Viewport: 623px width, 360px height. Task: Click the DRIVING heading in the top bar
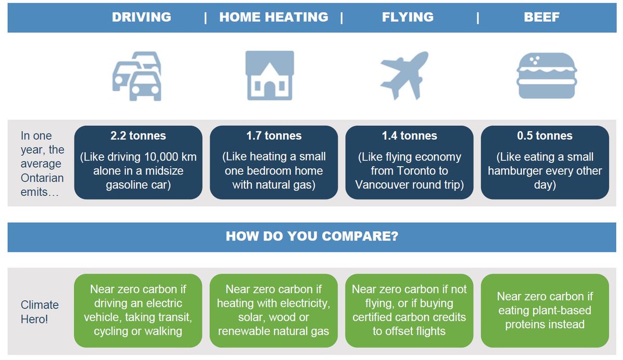141,17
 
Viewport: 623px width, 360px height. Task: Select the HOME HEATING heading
274,17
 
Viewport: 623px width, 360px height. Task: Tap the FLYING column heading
408,17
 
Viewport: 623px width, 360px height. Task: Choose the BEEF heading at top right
541,17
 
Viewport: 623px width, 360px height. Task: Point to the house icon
269,75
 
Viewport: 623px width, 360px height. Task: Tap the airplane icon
404,75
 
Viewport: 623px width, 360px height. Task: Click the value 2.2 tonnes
138,136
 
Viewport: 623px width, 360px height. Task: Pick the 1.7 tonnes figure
274,136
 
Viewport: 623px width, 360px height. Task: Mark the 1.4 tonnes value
409,136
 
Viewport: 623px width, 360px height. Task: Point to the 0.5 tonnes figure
545,136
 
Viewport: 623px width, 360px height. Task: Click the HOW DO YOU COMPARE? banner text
312,237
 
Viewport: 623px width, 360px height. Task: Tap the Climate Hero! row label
39,312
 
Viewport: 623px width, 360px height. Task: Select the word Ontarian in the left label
42,178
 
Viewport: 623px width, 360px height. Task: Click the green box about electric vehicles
138,310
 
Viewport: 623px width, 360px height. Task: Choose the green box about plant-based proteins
545,310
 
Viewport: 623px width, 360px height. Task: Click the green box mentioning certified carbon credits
409,310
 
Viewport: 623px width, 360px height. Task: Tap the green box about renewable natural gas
274,310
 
